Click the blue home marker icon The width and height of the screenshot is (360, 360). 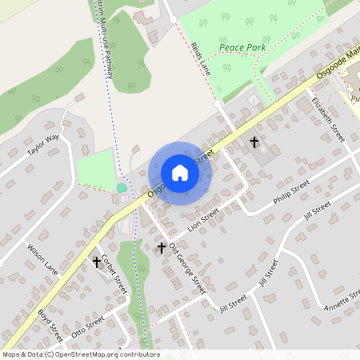180,173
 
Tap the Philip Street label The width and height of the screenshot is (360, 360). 290,194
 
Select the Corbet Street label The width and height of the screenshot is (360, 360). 114,274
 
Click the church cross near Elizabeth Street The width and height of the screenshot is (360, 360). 255,142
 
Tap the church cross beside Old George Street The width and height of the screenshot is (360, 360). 161,248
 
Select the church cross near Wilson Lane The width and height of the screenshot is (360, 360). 98,262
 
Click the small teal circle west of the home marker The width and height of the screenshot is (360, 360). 122,188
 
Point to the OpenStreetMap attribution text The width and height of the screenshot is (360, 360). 80,354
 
